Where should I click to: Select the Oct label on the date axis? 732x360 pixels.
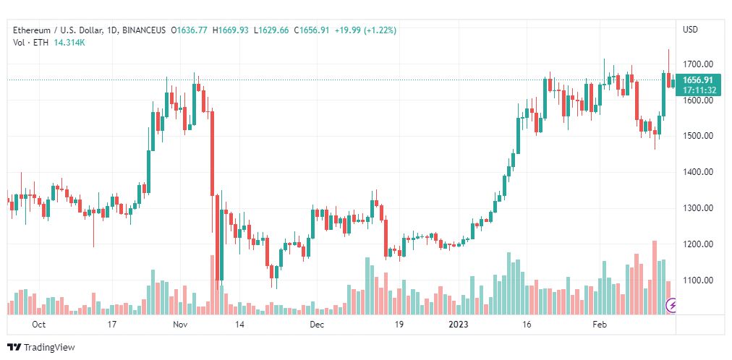(x=39, y=325)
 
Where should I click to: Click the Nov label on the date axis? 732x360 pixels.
(x=180, y=325)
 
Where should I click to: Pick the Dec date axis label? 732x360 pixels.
(x=317, y=325)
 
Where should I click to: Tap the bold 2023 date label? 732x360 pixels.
(x=459, y=325)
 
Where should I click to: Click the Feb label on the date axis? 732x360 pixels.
(x=600, y=325)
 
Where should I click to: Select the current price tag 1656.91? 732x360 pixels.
(x=697, y=80)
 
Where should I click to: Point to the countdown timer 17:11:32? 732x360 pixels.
(x=697, y=90)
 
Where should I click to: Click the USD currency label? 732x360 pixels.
(x=690, y=30)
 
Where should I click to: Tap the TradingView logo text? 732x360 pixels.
(x=49, y=348)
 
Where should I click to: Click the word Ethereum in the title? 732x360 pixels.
(x=33, y=30)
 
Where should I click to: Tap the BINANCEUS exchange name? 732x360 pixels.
(x=145, y=30)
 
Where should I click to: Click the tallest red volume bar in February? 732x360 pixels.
(x=654, y=278)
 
